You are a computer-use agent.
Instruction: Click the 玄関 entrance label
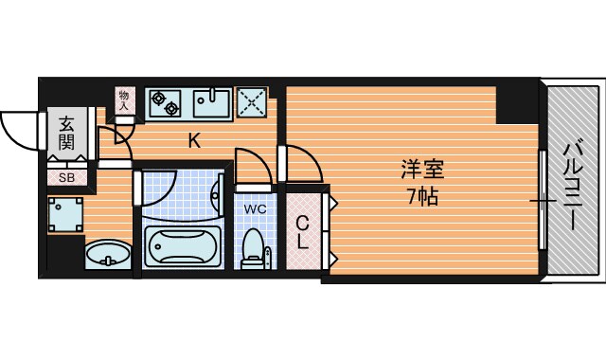tap(66, 132)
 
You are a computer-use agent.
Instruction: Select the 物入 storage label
tap(124, 99)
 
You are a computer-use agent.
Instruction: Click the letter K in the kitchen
tap(194, 142)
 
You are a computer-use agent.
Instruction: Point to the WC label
tap(255, 207)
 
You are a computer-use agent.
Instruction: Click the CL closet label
tap(303, 233)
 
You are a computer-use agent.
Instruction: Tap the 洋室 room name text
tap(422, 171)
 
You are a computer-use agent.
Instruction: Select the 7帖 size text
tap(422, 198)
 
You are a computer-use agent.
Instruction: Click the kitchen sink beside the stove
tap(210, 101)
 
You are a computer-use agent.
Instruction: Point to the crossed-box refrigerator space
tap(251, 101)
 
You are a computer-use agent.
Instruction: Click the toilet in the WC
tap(254, 248)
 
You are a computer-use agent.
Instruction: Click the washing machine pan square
tap(67, 216)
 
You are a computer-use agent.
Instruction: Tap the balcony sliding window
tap(543, 202)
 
